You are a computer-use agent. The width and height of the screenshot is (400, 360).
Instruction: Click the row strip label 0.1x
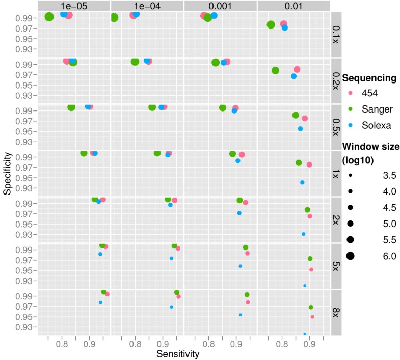point(336,33)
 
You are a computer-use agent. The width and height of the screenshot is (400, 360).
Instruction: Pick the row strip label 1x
point(336,173)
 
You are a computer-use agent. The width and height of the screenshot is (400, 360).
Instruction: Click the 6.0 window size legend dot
point(351,256)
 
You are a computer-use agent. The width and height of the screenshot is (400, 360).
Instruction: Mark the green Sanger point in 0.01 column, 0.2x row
point(276,71)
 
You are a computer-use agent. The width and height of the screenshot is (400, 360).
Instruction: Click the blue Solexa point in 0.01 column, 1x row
point(302,182)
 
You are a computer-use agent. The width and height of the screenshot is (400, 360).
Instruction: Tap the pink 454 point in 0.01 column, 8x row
point(312,317)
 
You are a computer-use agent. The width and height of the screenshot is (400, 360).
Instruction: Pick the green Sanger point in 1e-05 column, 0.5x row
point(71,107)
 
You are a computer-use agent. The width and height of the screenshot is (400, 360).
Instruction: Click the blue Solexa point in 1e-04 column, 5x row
point(171,258)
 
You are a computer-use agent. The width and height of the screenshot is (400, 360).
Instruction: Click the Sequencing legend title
point(369,78)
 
